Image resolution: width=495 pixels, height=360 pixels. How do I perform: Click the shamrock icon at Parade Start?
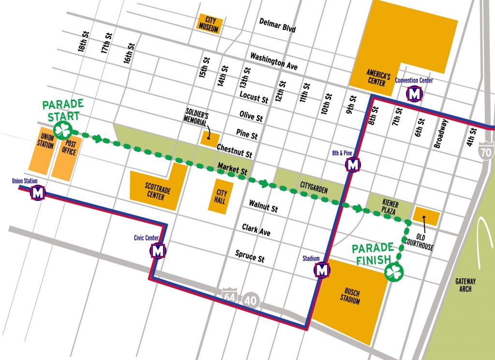[63, 130]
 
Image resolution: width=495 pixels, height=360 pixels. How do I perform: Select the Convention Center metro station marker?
[414, 94]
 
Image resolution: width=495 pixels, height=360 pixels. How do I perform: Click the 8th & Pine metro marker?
[353, 165]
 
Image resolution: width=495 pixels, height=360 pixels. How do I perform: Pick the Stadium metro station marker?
[322, 269]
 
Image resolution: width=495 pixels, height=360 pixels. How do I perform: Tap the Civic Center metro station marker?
[158, 251]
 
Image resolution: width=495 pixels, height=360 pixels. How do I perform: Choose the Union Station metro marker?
[38, 193]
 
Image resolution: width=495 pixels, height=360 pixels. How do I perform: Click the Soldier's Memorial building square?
[210, 138]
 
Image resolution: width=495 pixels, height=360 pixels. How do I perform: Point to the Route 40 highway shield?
[251, 300]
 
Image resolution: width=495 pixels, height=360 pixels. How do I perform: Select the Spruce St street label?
[249, 256]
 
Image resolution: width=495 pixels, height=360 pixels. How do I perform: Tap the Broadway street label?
[443, 134]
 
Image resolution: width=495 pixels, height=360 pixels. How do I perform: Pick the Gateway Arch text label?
[466, 285]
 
